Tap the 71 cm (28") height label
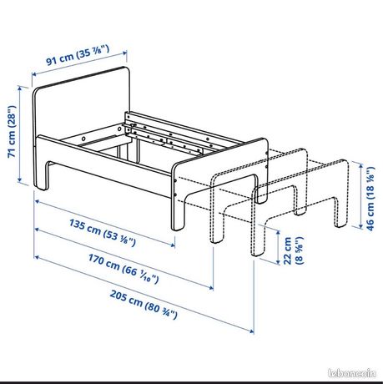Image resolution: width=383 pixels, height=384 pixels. pyautogui.click(x=12, y=131)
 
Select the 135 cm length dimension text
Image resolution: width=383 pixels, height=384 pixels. pyautogui.click(x=103, y=233)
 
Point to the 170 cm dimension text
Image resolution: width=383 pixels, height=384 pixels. pyautogui.click(x=123, y=268)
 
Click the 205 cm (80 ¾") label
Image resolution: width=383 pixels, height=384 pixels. pyautogui.click(x=144, y=304)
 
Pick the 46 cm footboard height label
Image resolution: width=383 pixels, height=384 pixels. pyautogui.click(x=370, y=199)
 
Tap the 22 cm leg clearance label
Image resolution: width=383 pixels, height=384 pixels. pyautogui.click(x=293, y=250)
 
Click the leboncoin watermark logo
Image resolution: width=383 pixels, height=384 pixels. pyautogui.click(x=352, y=373)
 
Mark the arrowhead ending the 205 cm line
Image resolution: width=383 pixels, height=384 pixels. pyautogui.click(x=252, y=331)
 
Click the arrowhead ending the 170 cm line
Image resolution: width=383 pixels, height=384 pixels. pyautogui.click(x=211, y=287)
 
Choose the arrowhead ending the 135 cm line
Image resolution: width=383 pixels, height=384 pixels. pyautogui.click(x=173, y=245)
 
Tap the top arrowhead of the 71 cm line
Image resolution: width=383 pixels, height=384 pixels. pyautogui.click(x=19, y=88)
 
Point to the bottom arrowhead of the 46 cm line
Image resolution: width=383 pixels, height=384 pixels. pyautogui.click(x=361, y=226)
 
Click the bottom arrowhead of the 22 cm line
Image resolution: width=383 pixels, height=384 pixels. pyautogui.click(x=278, y=261)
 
